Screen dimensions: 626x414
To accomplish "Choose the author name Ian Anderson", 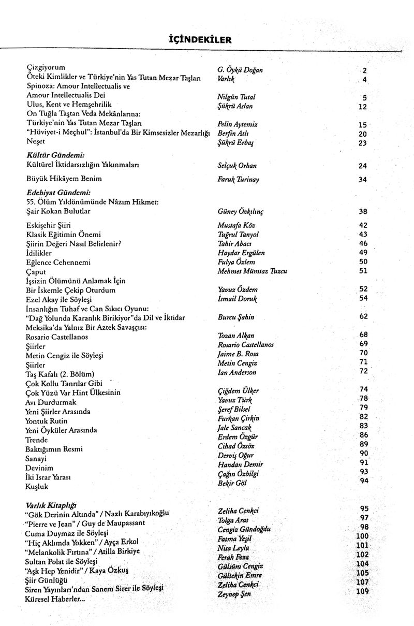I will [237, 372].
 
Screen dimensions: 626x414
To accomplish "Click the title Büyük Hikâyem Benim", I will [64, 179].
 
